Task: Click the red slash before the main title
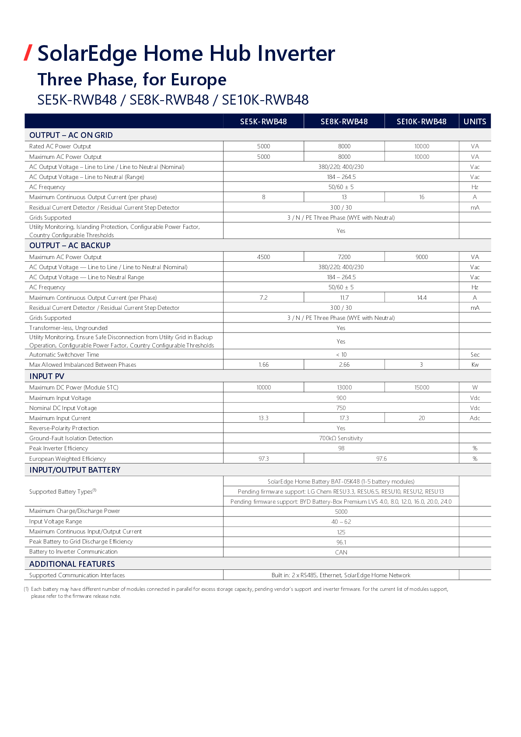[x=28, y=53]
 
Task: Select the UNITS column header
[x=475, y=122]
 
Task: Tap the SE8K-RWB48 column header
[x=344, y=122]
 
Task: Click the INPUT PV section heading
[x=47, y=376]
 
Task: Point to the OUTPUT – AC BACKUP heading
[x=70, y=246]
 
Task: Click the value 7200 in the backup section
[x=344, y=257]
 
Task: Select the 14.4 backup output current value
[x=422, y=298]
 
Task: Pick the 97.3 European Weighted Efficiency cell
[x=263, y=459]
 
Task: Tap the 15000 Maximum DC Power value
[x=422, y=387]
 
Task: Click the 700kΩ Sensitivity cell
[x=341, y=438]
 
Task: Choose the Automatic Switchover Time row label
[x=64, y=354]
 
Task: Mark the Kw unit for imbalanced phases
[x=475, y=365]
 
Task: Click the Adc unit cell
[x=475, y=418]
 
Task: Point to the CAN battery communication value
[x=341, y=552]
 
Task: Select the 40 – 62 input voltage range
[x=341, y=522]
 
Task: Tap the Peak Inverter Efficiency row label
[x=59, y=448]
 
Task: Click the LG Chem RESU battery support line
[x=341, y=491]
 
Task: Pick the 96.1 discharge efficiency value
[x=341, y=542]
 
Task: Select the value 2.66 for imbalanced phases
[x=344, y=365]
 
